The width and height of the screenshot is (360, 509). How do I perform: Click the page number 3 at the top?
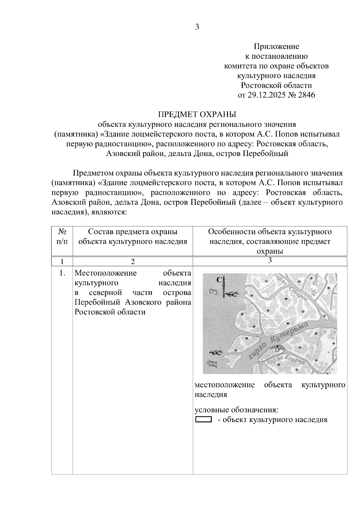pyautogui.click(x=197, y=27)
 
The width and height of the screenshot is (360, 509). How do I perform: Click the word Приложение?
pyautogui.click(x=276, y=46)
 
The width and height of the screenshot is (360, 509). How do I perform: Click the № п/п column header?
pyautogui.click(x=62, y=237)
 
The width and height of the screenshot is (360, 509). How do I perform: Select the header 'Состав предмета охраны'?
pyautogui.click(x=133, y=232)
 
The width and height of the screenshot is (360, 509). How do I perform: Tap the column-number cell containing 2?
pyautogui.click(x=133, y=261)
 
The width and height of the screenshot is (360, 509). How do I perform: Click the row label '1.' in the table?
pyautogui.click(x=62, y=273)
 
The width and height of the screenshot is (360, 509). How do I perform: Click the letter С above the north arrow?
pyautogui.click(x=220, y=280)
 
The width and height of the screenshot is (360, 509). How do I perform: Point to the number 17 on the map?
pyautogui.click(x=277, y=350)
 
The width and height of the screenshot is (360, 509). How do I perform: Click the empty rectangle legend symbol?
pyautogui.click(x=203, y=419)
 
